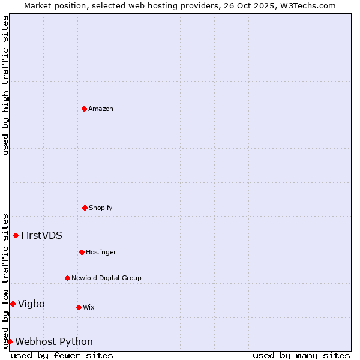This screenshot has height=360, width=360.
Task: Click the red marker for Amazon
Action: point(84,109)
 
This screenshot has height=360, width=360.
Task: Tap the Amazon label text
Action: point(101,109)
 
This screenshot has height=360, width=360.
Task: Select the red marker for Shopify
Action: point(85,208)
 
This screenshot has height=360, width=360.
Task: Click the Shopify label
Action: point(101,208)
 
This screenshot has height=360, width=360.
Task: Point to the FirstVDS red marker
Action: point(16,235)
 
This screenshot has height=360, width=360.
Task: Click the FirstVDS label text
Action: point(41,236)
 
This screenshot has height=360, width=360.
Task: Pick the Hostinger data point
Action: point(82,252)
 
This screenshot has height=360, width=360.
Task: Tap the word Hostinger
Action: point(101,253)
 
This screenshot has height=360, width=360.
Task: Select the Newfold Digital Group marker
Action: point(67,278)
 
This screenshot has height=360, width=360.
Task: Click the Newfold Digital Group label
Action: point(106,278)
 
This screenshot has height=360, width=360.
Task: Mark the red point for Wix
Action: point(79,307)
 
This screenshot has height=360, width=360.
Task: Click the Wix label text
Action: point(88,308)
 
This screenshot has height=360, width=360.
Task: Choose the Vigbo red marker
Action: point(13,304)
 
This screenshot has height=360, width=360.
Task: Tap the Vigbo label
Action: point(31,304)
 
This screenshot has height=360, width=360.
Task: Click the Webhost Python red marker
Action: point(10,341)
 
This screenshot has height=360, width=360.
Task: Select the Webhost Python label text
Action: point(54,342)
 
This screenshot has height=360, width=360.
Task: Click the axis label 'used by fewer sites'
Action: point(62,355)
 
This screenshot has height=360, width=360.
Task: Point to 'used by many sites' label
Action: point(301,355)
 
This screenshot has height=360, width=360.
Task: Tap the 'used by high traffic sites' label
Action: point(5,85)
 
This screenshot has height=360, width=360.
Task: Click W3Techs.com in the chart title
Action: point(307,5)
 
